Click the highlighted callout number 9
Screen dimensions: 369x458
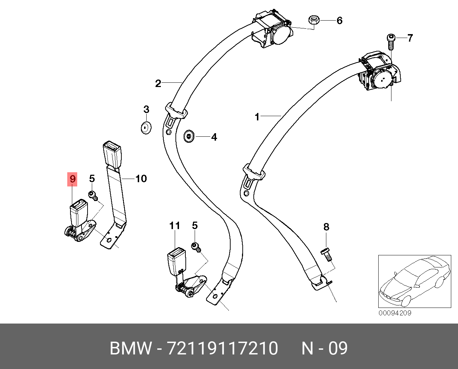point(73,179)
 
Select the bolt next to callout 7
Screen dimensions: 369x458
point(391,41)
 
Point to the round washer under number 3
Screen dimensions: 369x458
point(146,127)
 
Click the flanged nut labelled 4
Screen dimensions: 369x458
point(189,136)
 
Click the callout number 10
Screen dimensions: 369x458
point(141,179)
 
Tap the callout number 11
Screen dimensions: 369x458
point(174,226)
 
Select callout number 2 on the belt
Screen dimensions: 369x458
point(158,83)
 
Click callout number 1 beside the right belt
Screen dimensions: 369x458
point(257,116)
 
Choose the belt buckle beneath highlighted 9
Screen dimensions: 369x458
point(79,213)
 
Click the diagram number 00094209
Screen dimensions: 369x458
point(395,313)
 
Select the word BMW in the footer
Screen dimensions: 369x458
point(130,348)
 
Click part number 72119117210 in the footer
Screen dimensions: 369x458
point(222,348)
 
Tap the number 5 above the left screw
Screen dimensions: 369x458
point(92,179)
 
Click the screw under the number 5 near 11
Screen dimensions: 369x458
point(195,246)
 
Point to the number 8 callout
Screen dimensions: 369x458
point(326,227)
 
